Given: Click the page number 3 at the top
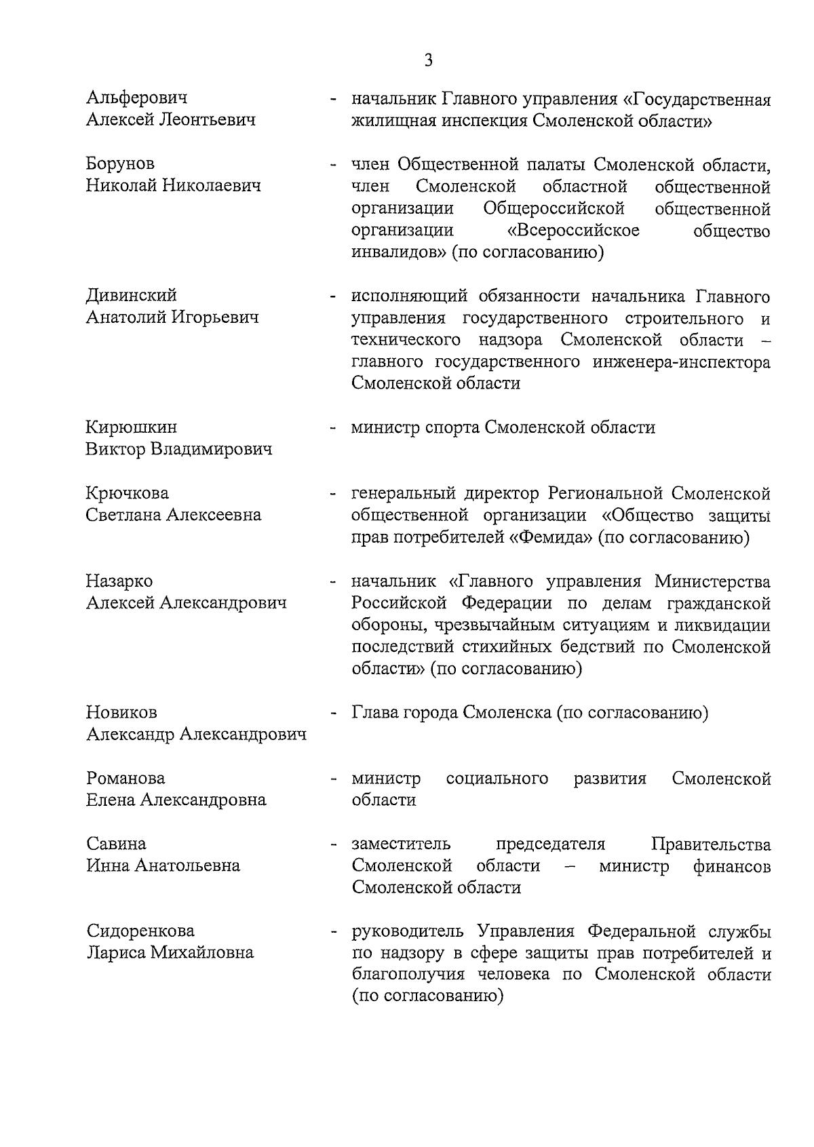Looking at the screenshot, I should tap(429, 60).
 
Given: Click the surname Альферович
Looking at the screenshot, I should tap(137, 98).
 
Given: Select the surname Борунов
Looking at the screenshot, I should tap(120, 163).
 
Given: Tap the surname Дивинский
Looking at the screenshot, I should tap(131, 295).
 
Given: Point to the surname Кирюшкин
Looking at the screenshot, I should tap(131, 427).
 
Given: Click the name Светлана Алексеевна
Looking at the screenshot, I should tap(173, 515).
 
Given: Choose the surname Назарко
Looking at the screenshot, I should tap(119, 581).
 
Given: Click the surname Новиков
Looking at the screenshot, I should tap(121, 712).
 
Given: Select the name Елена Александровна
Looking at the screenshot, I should tap(176, 800).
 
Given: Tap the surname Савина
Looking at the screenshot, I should tap(116, 844).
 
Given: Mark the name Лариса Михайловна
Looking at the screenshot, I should tap(170, 952).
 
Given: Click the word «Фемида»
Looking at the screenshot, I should tap(551, 538).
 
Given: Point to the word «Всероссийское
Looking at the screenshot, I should tap(577, 230).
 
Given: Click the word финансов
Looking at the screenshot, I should tap(732, 866).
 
